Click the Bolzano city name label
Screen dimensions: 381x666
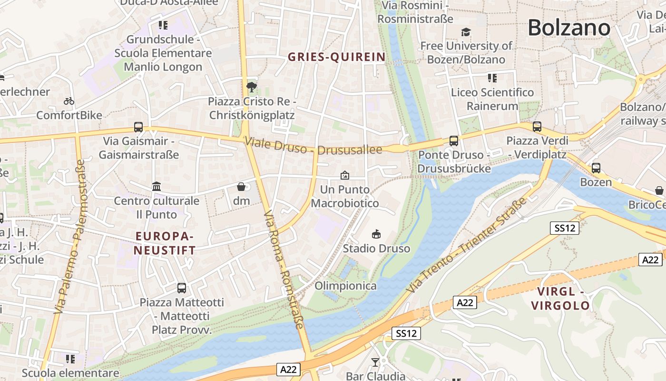[568, 28]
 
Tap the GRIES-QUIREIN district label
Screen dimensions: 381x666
[337, 57]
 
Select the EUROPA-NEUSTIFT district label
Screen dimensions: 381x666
[165, 243]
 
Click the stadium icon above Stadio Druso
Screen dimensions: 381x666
[376, 234]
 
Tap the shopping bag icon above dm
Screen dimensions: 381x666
[241, 187]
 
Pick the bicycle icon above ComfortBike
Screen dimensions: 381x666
[69, 101]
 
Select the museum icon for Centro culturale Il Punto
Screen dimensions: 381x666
[157, 186]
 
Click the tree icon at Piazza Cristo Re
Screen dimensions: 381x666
[251, 87]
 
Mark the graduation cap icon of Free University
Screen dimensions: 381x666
[466, 32]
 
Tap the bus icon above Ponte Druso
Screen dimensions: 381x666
[454, 140]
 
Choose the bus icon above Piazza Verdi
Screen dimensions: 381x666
[537, 127]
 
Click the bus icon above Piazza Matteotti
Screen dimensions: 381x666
[182, 288]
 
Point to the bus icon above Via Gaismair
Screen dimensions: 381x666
[138, 127]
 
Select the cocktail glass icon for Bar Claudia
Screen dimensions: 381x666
[375, 362]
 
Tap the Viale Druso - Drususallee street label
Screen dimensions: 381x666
[313, 146]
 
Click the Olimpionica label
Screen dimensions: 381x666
[345, 286]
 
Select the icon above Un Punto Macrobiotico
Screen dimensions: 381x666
[345, 175]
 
